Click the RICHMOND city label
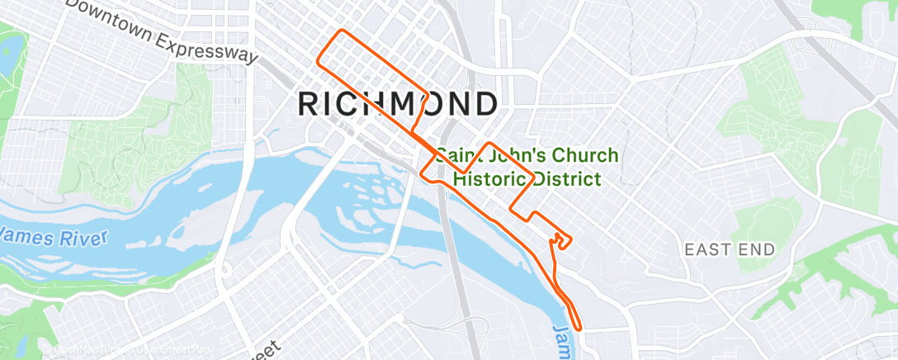click(397, 104)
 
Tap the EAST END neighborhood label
click(730, 249)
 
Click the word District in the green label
click(567, 179)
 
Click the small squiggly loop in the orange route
click(561, 240)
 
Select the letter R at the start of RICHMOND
click(307, 104)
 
